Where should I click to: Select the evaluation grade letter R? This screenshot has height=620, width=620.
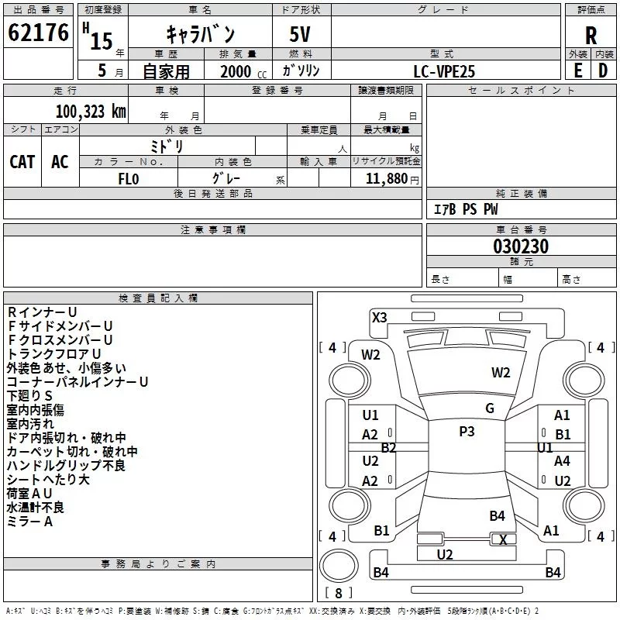tap(591, 36)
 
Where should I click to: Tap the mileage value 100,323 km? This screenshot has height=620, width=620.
tap(91, 111)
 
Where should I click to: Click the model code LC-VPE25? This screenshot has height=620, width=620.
tap(444, 71)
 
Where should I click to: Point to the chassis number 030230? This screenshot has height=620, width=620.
tap(521, 247)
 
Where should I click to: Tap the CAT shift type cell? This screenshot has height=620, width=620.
tap(22, 161)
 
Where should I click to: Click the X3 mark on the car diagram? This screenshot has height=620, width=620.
tap(380, 317)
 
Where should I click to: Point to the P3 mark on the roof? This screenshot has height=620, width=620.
tap(467, 432)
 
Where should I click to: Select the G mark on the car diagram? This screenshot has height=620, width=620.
tap(490, 408)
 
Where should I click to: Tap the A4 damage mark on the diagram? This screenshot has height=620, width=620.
tap(562, 460)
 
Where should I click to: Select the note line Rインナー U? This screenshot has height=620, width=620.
tap(42, 312)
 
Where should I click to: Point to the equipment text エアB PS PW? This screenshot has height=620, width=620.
tap(465, 209)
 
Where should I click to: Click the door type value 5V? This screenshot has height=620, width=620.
tap(301, 36)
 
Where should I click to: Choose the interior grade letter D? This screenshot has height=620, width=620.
tap(603, 70)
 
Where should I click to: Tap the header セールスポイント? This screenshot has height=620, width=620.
tap(522, 91)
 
